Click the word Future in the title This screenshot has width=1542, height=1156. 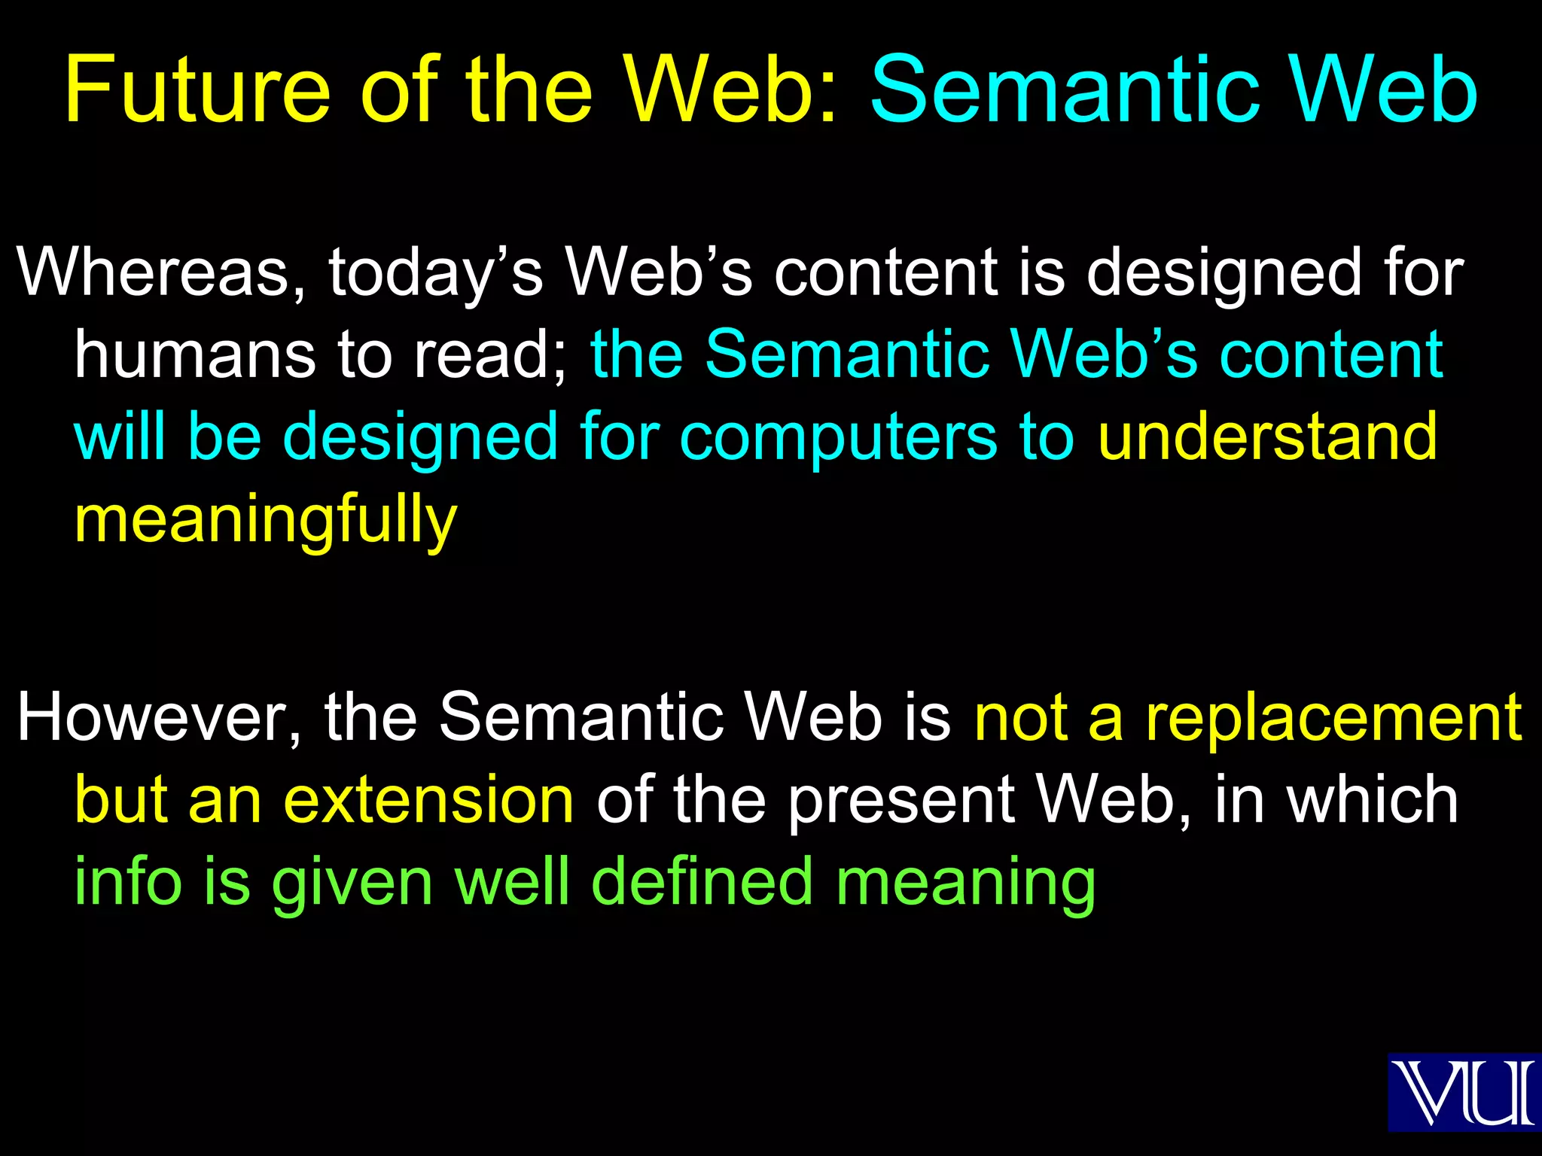coord(197,90)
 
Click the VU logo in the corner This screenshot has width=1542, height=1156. coord(1464,1091)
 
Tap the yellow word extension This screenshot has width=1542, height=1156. coord(429,800)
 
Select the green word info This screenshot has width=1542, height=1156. coord(128,882)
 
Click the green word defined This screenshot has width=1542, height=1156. coord(707,882)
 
